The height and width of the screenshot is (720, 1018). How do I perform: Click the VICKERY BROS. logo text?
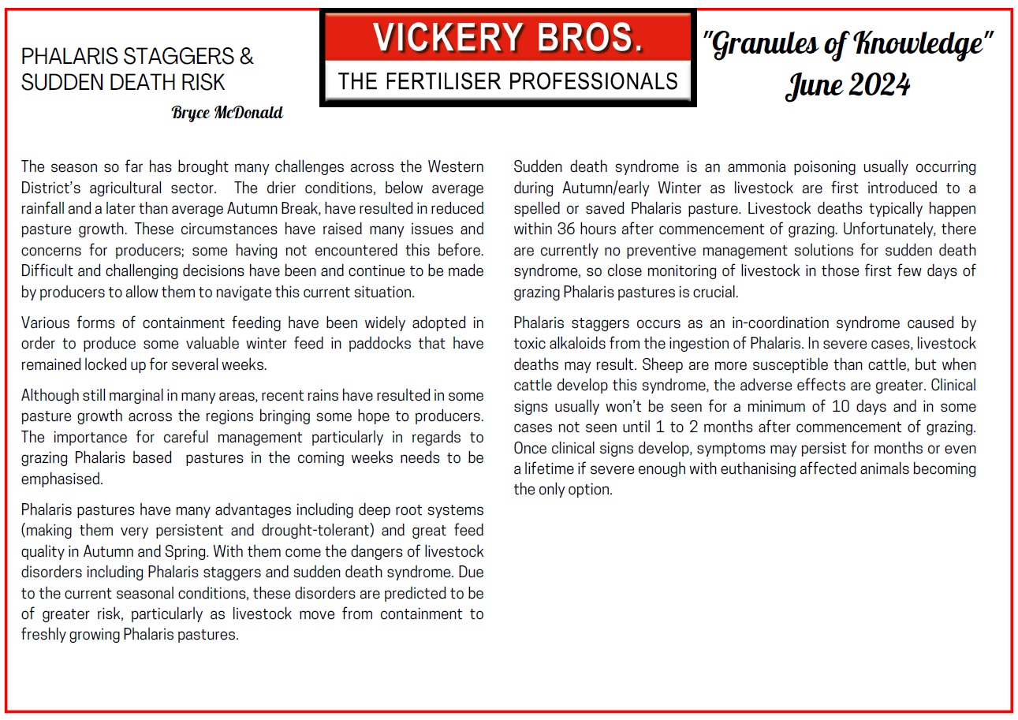(507, 39)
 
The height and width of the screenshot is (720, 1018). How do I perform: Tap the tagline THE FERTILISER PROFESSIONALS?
(508, 81)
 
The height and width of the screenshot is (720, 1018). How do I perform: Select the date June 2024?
(847, 84)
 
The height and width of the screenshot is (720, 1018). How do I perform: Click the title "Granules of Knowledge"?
(847, 45)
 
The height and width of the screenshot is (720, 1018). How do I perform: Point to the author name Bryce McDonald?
(226, 113)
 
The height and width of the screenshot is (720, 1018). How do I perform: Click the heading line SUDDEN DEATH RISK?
(123, 82)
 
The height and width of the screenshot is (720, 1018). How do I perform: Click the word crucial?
(716, 292)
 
